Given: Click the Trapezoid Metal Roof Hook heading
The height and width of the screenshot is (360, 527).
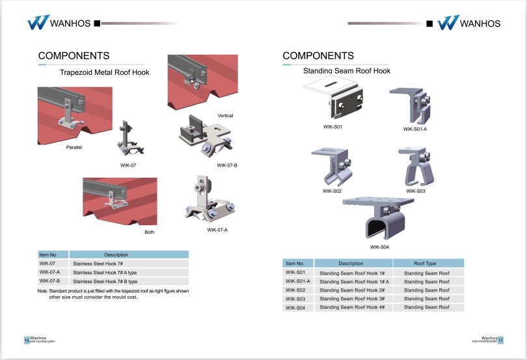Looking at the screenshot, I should coord(104,72).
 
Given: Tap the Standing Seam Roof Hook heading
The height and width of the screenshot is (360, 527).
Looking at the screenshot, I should coord(347,70).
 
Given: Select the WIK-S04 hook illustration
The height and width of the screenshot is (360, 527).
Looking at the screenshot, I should coord(379,219).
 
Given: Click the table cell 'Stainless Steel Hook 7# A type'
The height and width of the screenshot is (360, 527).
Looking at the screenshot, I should coord(105,272).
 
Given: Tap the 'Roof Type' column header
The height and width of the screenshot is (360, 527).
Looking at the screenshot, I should coord(425,263).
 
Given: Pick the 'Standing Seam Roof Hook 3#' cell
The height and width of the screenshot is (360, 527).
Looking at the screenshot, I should coord(352,298).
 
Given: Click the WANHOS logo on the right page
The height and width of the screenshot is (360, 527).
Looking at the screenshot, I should coord(468,23).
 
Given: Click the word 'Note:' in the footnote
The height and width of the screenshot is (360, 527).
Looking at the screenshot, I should coord(43,290).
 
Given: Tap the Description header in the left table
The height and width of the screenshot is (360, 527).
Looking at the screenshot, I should coord(116,255).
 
